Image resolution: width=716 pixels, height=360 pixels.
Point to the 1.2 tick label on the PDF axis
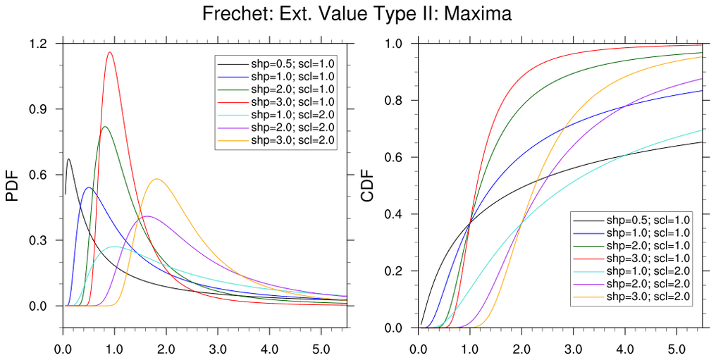[39, 44]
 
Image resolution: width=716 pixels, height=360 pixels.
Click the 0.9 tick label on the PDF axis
[39, 109]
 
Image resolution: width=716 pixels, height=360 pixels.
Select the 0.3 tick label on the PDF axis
[39, 240]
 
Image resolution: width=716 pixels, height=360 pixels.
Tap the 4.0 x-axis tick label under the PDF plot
[268, 347]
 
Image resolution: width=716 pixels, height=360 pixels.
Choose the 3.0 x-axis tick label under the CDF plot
[573, 347]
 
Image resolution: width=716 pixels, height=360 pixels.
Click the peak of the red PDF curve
[110, 52]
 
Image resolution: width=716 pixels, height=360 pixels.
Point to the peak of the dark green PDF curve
[105, 127]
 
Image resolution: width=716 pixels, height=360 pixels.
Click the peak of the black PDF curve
[68, 159]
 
